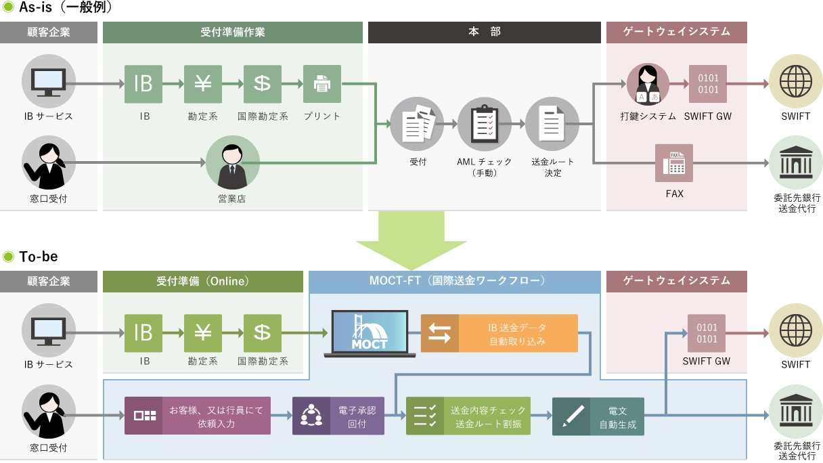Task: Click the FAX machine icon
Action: coord(673,163)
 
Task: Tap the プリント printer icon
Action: coord(322,84)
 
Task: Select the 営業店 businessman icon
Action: coord(233,162)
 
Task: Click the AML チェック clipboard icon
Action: coord(485,124)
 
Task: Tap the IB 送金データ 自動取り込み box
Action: coord(499,333)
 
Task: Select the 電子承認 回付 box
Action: coord(338,416)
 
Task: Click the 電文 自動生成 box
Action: coord(598,416)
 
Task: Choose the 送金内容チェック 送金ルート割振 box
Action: coord(468,416)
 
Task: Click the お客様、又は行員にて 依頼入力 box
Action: coord(198,416)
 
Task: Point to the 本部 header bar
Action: coord(484,32)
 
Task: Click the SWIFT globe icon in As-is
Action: coord(795,84)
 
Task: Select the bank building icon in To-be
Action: coord(795,412)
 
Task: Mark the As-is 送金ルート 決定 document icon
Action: coord(552,124)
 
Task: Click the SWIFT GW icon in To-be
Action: coord(707,333)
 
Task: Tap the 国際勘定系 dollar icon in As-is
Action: coord(263,84)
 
